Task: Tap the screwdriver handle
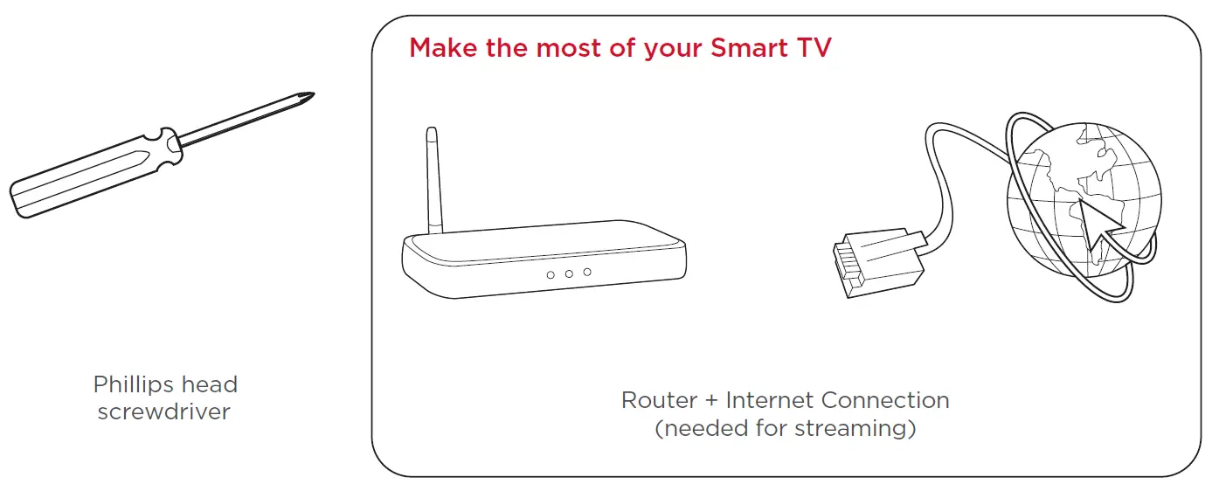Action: pos(95,173)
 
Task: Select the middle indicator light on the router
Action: pos(569,273)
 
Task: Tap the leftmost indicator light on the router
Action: pos(551,275)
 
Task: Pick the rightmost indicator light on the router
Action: pos(587,273)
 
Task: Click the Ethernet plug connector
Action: pos(878,263)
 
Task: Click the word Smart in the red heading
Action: pos(749,48)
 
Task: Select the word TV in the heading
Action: pos(814,48)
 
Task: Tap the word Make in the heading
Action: pos(443,48)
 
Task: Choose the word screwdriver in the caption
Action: pos(163,412)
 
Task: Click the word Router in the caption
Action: pos(660,401)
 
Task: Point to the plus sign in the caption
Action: pos(712,401)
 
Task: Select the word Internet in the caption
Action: pos(770,400)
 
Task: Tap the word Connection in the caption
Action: pos(885,400)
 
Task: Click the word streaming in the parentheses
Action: pos(852,429)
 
